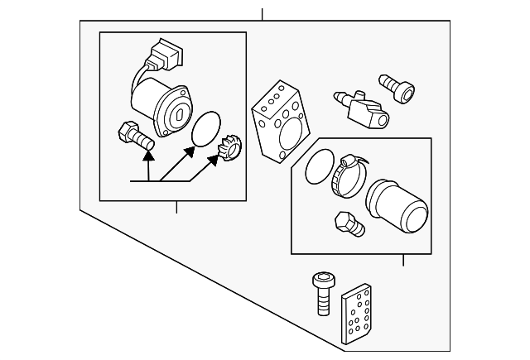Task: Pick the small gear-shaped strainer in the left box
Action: [x=227, y=154]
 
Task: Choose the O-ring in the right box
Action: [x=316, y=170]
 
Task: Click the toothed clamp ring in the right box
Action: [x=346, y=176]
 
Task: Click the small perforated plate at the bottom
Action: [x=358, y=316]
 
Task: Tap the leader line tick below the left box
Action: [x=176, y=207]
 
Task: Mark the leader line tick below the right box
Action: [x=402, y=260]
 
